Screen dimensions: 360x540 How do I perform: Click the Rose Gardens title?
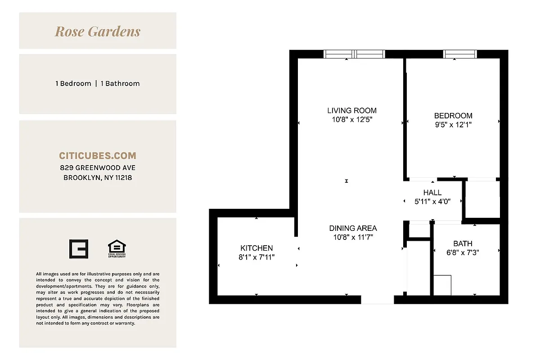98,31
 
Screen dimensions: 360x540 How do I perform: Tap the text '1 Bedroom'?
73,83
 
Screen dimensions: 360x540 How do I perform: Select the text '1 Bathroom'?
120,83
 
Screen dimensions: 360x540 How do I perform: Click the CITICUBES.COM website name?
98,156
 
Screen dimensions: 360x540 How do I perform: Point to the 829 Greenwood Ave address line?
98,168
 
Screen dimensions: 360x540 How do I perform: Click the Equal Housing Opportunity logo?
117,249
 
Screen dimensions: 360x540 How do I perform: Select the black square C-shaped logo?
79,249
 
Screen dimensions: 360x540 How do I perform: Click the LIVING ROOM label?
352,110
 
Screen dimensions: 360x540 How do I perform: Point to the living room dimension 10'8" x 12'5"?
352,120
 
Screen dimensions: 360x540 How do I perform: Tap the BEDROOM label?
453,116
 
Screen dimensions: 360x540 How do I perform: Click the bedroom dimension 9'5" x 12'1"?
453,125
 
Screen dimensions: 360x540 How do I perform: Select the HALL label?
432,193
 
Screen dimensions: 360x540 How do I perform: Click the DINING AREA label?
353,228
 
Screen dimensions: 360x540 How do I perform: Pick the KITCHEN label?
256,248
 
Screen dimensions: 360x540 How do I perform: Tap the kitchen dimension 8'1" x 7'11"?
256,257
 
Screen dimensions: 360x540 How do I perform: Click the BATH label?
463,243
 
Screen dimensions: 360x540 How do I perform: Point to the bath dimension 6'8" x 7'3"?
463,253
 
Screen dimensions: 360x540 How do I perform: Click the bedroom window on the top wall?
459,54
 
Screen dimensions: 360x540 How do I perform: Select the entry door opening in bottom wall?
378,300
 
